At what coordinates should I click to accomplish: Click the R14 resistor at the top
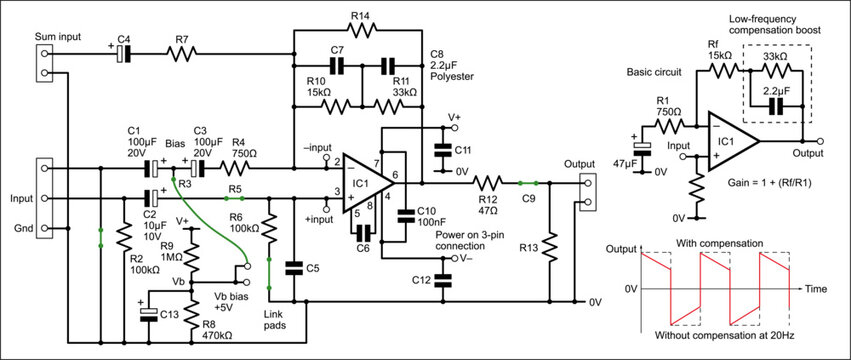click(360, 30)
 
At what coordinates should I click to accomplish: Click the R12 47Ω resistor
click(488, 183)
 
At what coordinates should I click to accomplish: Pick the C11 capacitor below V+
click(441, 149)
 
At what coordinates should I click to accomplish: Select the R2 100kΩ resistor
click(122, 238)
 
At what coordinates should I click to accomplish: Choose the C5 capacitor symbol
click(294, 267)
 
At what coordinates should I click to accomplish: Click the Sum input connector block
click(40, 63)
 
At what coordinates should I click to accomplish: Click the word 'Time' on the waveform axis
click(815, 288)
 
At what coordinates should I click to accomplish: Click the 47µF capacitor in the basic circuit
click(644, 148)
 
